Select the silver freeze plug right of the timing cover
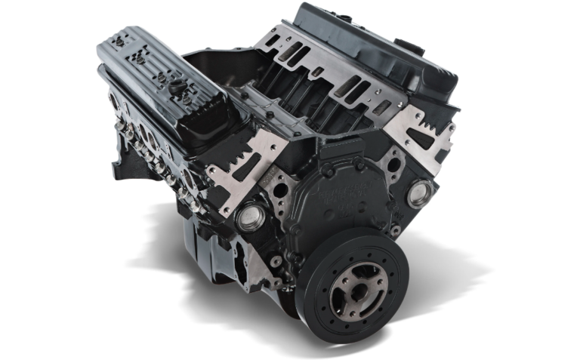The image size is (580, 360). (420, 193)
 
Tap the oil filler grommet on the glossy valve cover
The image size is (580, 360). (177, 86)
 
